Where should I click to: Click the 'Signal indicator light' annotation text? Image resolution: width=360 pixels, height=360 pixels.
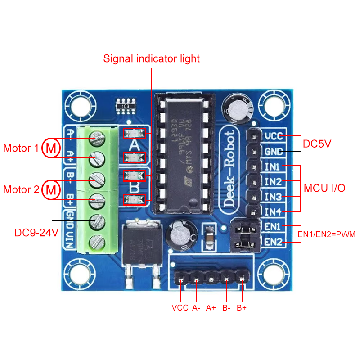point(151,59)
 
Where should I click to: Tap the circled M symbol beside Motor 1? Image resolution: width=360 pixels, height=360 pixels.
point(51,148)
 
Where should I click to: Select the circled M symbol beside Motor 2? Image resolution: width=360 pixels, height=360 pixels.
point(51,189)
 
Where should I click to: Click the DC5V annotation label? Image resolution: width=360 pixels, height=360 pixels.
point(317,144)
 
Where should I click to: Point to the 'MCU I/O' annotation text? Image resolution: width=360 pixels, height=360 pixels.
point(324,189)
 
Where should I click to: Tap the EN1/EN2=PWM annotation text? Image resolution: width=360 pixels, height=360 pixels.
point(327,234)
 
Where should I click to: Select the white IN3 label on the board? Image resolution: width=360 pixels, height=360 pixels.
point(273,197)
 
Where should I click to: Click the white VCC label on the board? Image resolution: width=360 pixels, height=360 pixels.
point(274,136)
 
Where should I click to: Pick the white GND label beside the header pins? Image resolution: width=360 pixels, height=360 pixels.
point(274,152)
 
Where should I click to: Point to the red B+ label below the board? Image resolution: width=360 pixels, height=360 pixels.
point(242,308)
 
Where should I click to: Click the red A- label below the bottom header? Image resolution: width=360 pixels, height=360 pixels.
point(196,308)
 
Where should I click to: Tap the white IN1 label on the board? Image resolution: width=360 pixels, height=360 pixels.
point(273,167)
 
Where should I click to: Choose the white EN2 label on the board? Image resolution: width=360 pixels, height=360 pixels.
point(273,242)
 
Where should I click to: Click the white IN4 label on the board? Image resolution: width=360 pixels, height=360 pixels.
point(273,211)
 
